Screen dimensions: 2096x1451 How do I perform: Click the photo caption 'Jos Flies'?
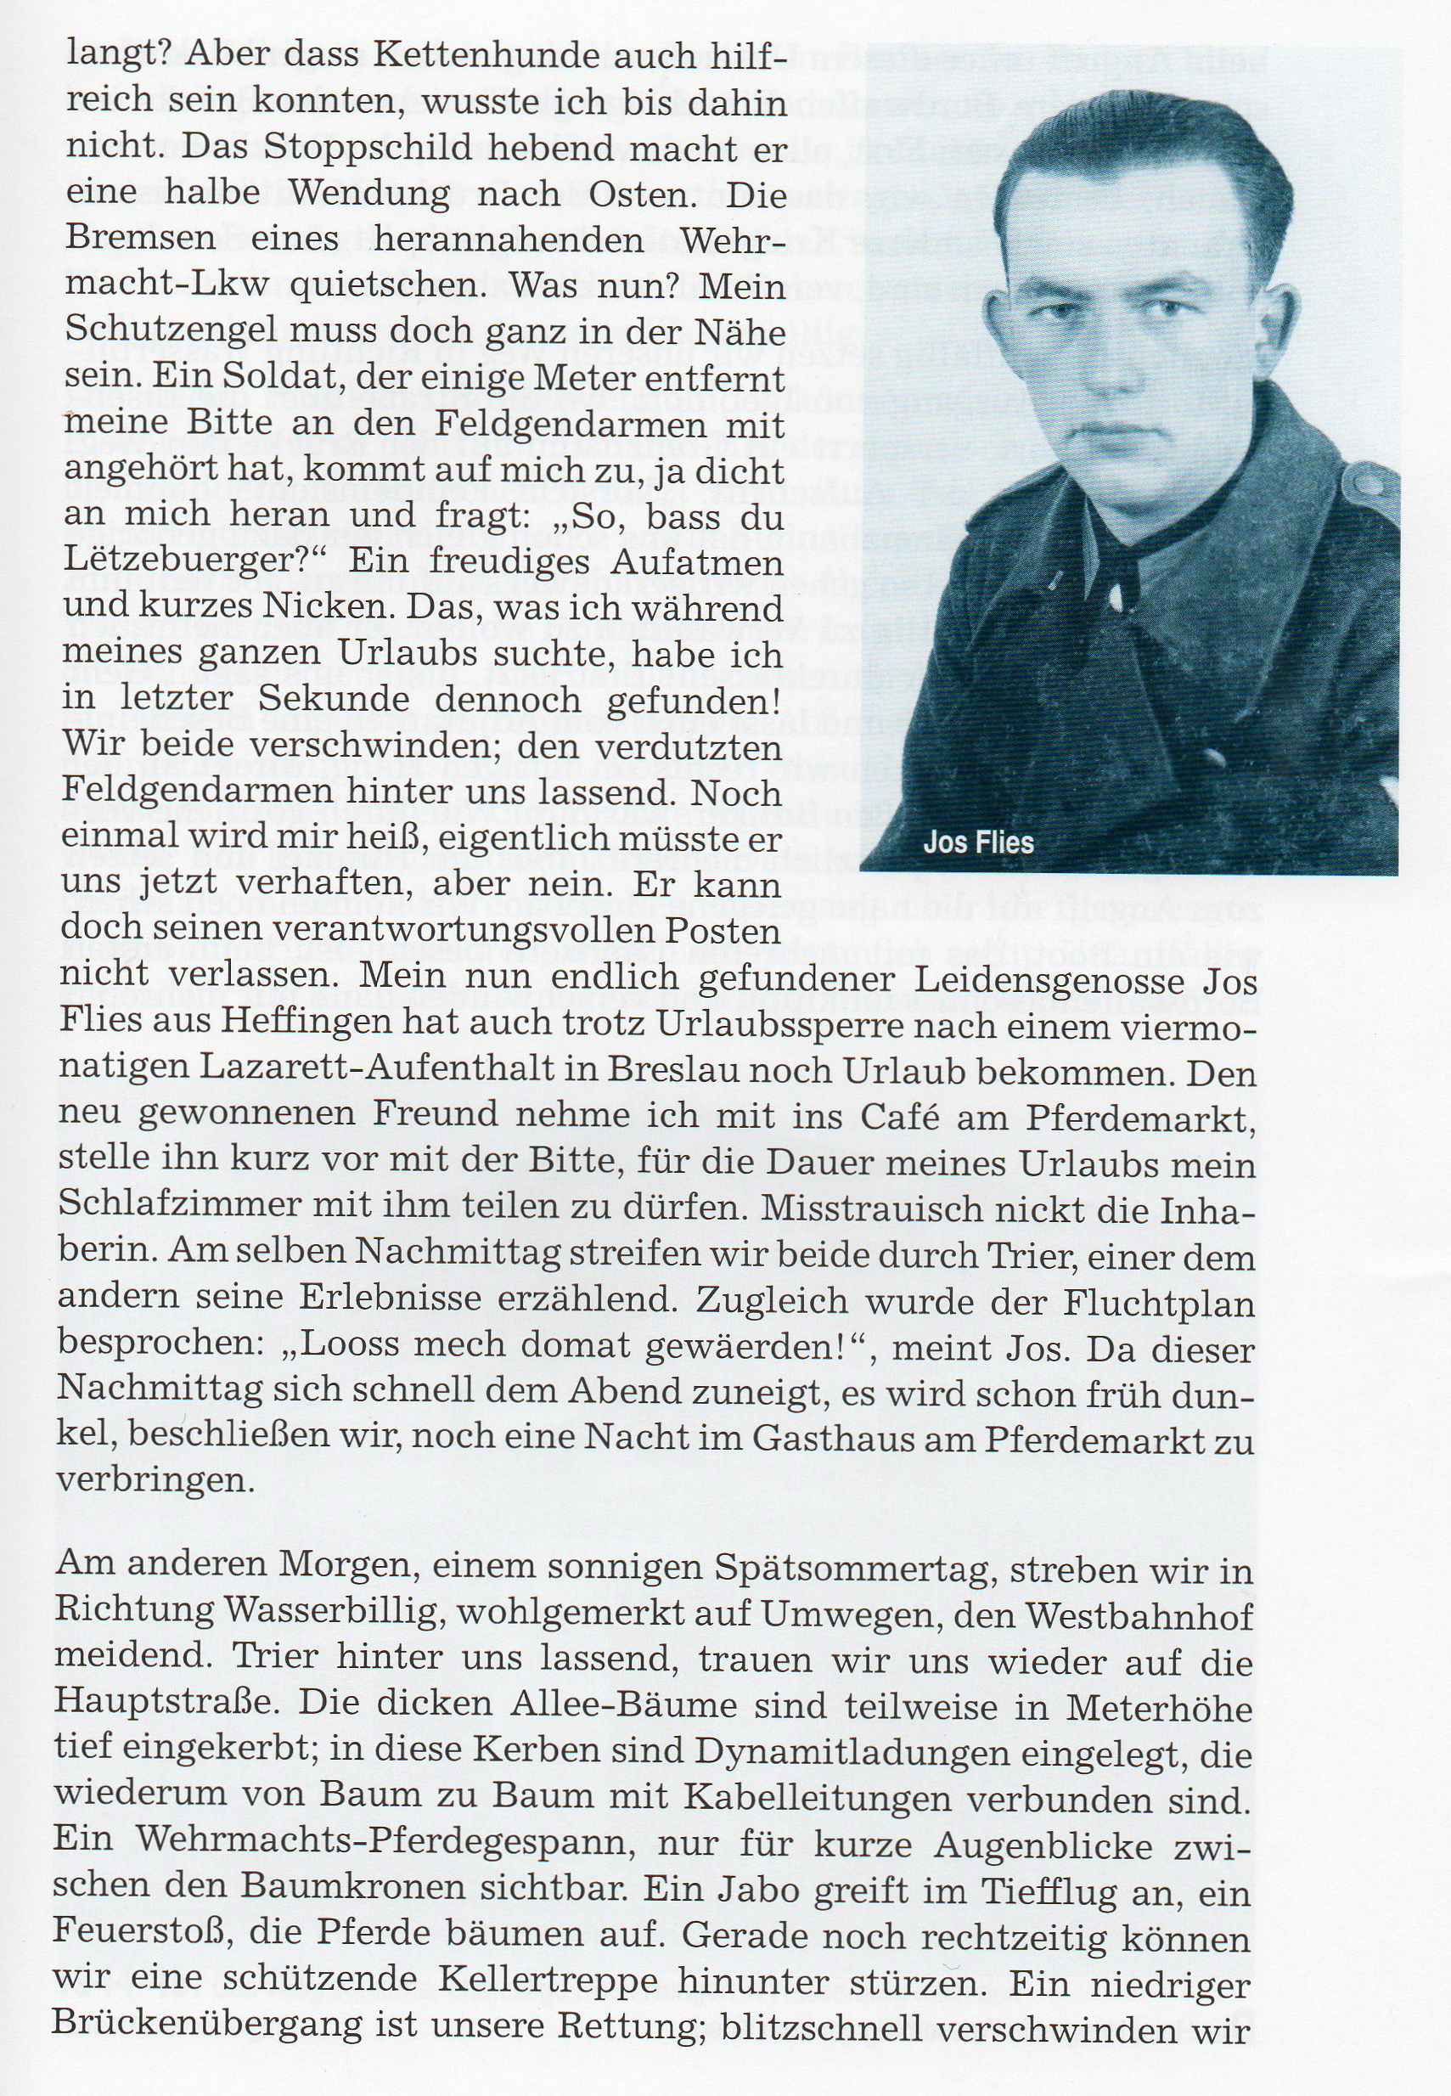click(x=978, y=842)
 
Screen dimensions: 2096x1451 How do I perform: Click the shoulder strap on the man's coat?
click(x=1370, y=482)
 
